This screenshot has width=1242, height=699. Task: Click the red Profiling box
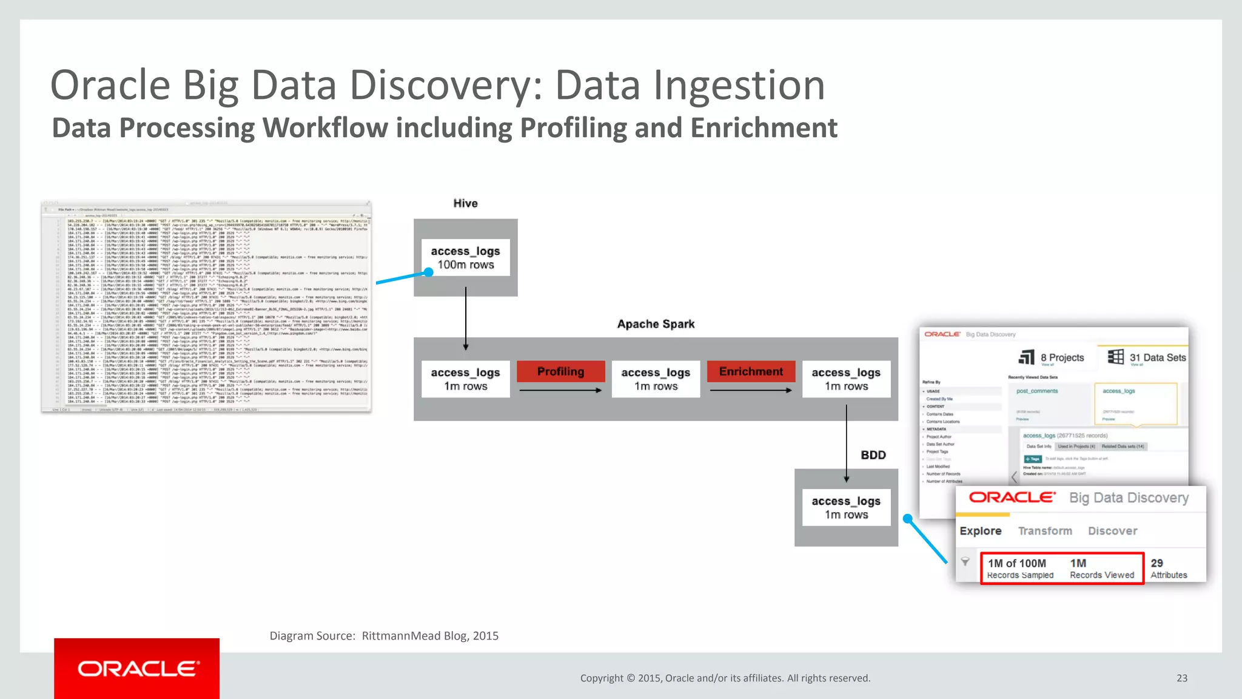[x=560, y=371]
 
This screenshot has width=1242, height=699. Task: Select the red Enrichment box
[x=751, y=371]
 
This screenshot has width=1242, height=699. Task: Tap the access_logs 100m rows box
[x=466, y=258]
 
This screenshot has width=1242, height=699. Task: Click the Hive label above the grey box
[x=465, y=203]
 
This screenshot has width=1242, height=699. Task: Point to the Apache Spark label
[x=656, y=324]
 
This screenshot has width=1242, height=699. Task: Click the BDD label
[x=873, y=455]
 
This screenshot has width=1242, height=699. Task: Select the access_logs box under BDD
[x=846, y=508]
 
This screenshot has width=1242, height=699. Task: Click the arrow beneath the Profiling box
[x=560, y=390]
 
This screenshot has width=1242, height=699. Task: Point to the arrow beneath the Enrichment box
[x=751, y=390]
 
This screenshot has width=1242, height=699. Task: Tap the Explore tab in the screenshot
[x=980, y=531]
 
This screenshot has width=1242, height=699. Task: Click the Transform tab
[x=1045, y=531]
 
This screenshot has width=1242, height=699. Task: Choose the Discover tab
[x=1112, y=531]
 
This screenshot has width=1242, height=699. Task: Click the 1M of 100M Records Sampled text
[x=1019, y=569]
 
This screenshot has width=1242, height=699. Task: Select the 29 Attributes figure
[x=1168, y=569]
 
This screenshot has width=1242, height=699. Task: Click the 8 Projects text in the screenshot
[x=1062, y=357]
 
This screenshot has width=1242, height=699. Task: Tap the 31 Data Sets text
[x=1157, y=357]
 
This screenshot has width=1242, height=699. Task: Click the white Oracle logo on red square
[x=137, y=669]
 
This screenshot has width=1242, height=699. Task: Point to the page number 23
[x=1181, y=678]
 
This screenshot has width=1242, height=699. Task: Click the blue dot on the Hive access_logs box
[x=428, y=272]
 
